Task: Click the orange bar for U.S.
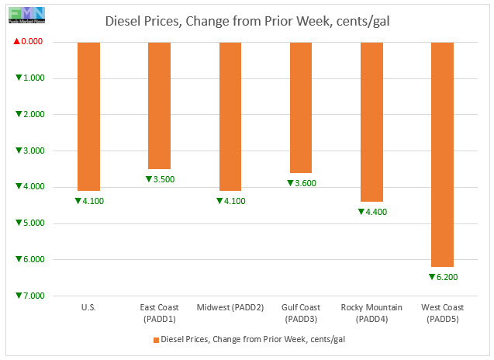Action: [88, 116]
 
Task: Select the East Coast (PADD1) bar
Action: [159, 105]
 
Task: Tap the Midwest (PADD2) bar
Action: [230, 116]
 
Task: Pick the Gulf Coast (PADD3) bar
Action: [301, 107]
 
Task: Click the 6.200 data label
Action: [443, 276]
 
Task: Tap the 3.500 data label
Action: [160, 179]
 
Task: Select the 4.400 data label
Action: [372, 212]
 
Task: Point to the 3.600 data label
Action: [302, 183]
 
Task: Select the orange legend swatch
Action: [155, 339]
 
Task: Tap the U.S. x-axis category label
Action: [88, 308]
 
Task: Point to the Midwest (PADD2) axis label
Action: [230, 308]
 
